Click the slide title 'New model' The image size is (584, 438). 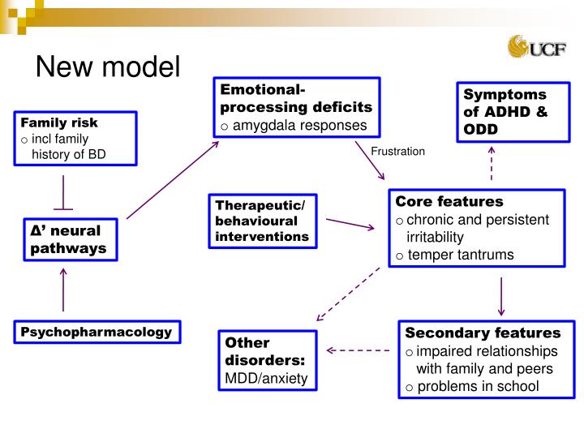pos(107,66)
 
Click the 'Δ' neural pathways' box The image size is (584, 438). pos(70,239)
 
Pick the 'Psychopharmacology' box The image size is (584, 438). pos(97,332)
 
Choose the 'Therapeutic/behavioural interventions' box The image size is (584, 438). pos(262,221)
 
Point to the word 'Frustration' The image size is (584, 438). pos(397,152)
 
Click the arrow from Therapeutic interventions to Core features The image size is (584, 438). pos(350,224)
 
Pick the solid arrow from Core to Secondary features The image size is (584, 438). pos(501,296)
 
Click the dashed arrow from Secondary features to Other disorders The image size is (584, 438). pos(359,350)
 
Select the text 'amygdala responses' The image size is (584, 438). pos(300,125)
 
